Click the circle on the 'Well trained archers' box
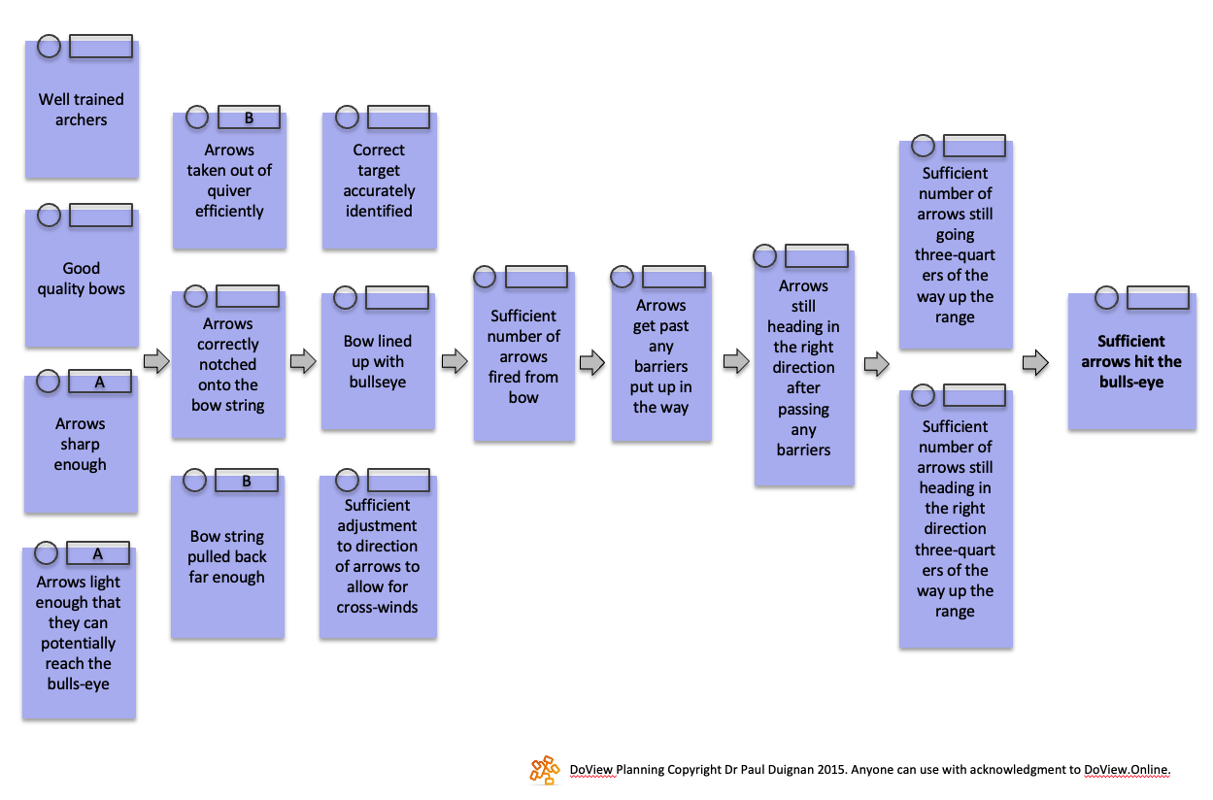click(x=49, y=46)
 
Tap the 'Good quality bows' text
click(x=82, y=279)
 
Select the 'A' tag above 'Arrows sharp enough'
click(x=100, y=383)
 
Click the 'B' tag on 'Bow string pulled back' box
click(x=247, y=481)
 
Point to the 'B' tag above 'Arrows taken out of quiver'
click(x=249, y=118)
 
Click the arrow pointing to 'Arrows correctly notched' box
click(x=155, y=362)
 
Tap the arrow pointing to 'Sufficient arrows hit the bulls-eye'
click(x=1035, y=363)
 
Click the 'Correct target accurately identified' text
click(x=379, y=181)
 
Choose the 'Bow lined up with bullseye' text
click(x=378, y=361)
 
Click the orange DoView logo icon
click(x=545, y=769)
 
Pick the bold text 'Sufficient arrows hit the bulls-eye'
click(x=1131, y=361)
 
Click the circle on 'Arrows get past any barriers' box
click(x=623, y=278)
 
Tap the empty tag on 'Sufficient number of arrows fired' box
click(x=535, y=276)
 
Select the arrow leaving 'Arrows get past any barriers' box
click(x=736, y=362)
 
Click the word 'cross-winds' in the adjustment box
click(x=378, y=608)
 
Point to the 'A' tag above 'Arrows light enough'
click(x=98, y=553)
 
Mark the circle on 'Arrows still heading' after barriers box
click(x=765, y=256)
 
